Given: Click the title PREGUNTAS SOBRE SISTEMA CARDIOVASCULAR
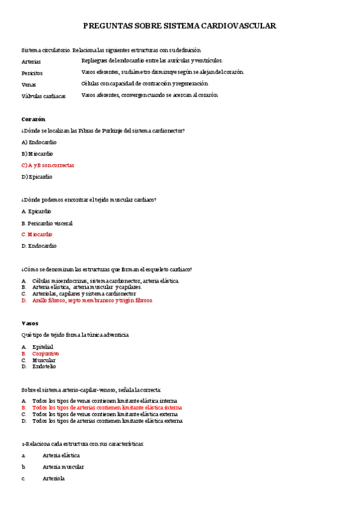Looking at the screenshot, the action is pyautogui.click(x=179, y=26).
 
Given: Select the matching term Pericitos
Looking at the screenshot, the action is pyautogui.click(x=32, y=73).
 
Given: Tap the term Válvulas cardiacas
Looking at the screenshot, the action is pyautogui.click(x=43, y=96).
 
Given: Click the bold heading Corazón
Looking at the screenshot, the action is pyautogui.click(x=33, y=119).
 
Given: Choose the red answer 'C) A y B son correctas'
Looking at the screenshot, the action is pyautogui.click(x=47, y=165).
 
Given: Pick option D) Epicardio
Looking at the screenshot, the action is pyautogui.click(x=37, y=177).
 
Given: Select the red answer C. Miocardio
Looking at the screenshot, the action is pyautogui.click(x=37, y=234).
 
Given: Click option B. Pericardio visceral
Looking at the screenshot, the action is pyautogui.click(x=47, y=223).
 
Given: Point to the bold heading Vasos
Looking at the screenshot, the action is pyautogui.click(x=29, y=323).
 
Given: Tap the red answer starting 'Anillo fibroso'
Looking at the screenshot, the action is pyautogui.click(x=93, y=300).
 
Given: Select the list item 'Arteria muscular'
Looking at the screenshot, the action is pyautogui.click(x=63, y=467).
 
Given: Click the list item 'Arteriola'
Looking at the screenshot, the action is pyautogui.click(x=53, y=479).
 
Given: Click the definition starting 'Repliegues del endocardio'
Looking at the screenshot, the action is pyautogui.click(x=152, y=61).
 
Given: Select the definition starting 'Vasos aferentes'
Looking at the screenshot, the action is pyautogui.click(x=150, y=95).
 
